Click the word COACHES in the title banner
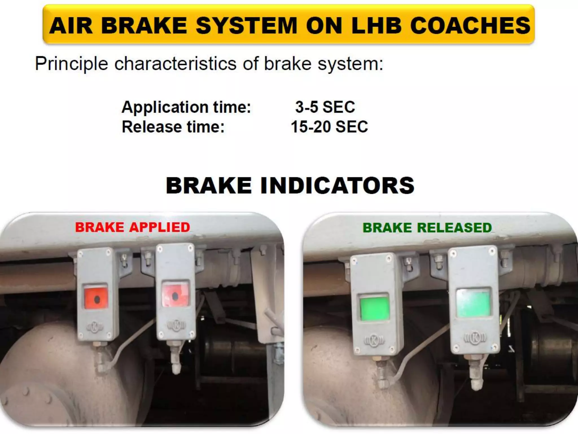[x=470, y=25]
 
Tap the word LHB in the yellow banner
[x=376, y=25]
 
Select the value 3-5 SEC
[x=325, y=107]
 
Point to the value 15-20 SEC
[x=329, y=127]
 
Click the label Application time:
[x=186, y=107]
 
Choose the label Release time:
[x=173, y=127]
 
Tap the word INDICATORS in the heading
[x=337, y=185]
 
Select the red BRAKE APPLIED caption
[x=132, y=227]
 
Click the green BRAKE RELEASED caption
[x=427, y=228]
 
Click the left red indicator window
[x=96, y=298]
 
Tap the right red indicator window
[x=175, y=294]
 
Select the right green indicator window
[x=474, y=303]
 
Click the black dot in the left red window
[x=97, y=300]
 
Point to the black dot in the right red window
[x=175, y=296]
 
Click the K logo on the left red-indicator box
[x=94, y=327]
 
